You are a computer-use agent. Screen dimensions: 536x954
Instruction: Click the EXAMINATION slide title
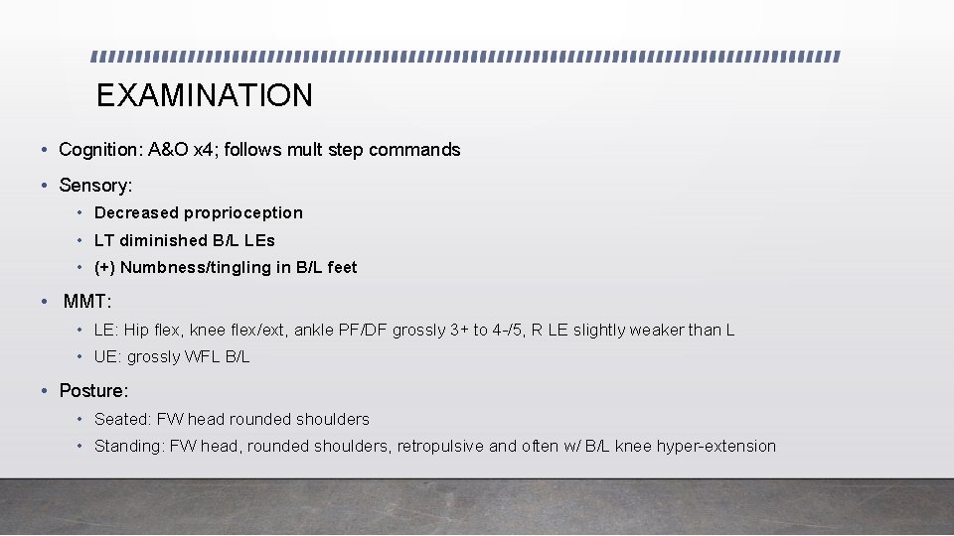pyautogui.click(x=204, y=95)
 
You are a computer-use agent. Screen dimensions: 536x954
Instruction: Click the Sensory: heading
pyautogui.click(x=95, y=186)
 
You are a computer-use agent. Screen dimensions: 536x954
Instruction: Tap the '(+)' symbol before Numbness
pyautogui.click(x=104, y=267)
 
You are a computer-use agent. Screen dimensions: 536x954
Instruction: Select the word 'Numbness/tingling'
pyautogui.click(x=183, y=267)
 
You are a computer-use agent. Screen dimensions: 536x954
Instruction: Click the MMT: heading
pyautogui.click(x=87, y=302)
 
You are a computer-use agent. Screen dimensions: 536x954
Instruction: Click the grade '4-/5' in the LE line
pyautogui.click(x=509, y=330)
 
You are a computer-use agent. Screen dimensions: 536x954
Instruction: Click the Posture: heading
pyautogui.click(x=93, y=391)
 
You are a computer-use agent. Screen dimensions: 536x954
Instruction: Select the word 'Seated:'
pyautogui.click(x=118, y=419)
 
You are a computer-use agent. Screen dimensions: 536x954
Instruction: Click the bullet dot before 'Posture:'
pyautogui.click(x=46, y=391)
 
